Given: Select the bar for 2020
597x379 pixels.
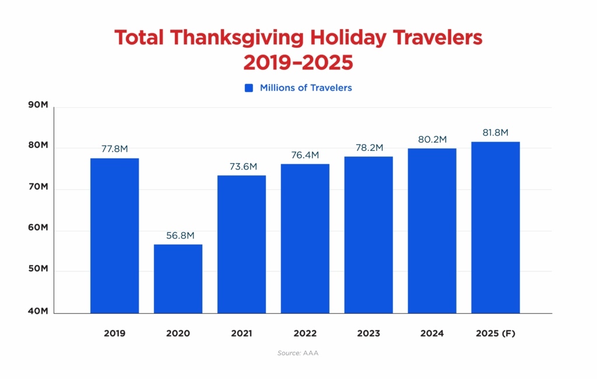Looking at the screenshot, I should click(178, 278).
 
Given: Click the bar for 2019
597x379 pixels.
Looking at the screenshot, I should click(114, 235).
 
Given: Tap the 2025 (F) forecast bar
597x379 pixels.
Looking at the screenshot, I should click(496, 227).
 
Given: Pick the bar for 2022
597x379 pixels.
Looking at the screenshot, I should click(305, 238).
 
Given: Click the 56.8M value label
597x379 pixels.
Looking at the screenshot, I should click(178, 236).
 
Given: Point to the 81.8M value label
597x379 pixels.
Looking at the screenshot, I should click(496, 133).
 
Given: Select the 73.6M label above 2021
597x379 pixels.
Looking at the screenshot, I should click(241, 167).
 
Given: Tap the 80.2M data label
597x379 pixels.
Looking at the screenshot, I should click(432, 140).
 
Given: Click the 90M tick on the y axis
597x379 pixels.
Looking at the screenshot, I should click(38, 105).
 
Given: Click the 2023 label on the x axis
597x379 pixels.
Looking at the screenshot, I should click(368, 334).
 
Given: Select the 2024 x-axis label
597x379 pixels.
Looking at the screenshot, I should click(432, 334).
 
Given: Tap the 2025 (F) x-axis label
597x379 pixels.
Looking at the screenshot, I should click(496, 334).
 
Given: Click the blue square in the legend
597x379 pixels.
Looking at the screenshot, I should click(249, 88).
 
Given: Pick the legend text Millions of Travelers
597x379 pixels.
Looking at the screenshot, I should click(305, 88).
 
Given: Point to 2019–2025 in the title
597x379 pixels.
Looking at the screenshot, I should click(298, 62).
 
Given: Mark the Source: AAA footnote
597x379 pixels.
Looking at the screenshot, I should click(298, 353).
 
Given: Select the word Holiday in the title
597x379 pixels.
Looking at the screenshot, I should click(352, 38).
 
